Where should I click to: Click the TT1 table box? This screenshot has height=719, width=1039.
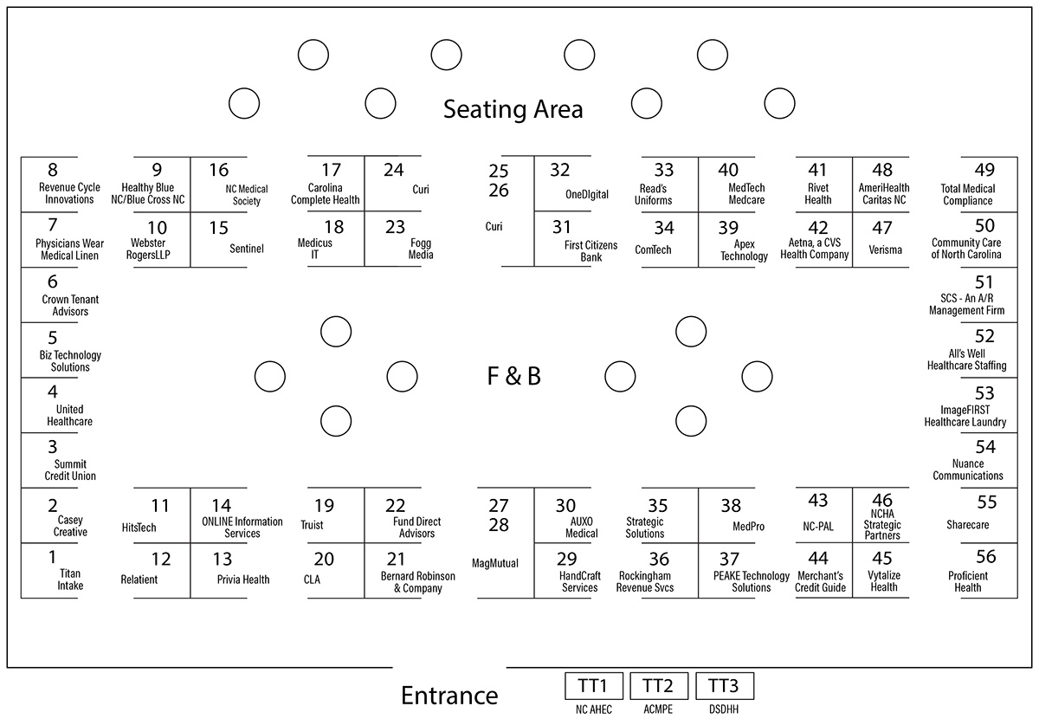[594, 685]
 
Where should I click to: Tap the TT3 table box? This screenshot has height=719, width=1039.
[725, 685]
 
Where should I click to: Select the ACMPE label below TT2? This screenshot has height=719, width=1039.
[658, 709]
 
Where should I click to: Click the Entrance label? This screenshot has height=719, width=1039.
[449, 696]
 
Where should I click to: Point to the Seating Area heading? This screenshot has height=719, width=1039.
[513, 109]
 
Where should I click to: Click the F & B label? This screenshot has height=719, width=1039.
[514, 376]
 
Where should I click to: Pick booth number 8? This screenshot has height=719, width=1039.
[53, 170]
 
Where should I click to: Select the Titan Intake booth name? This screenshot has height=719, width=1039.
[70, 580]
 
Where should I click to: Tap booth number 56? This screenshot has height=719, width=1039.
[985, 556]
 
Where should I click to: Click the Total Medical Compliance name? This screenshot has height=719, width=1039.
[968, 195]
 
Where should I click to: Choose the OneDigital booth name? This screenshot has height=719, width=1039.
[587, 195]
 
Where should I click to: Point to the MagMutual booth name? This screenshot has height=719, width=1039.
[495, 563]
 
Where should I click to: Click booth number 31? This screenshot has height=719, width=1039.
[562, 227]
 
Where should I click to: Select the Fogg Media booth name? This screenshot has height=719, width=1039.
[421, 249]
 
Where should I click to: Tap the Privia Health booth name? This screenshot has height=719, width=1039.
[243, 580]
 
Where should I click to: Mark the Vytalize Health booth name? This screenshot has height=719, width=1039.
[884, 581]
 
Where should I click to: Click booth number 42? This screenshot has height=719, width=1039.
[817, 228]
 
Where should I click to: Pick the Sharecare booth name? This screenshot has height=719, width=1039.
[968, 525]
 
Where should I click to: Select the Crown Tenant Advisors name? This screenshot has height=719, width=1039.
[70, 306]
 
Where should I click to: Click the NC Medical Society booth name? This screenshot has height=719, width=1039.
[246, 195]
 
